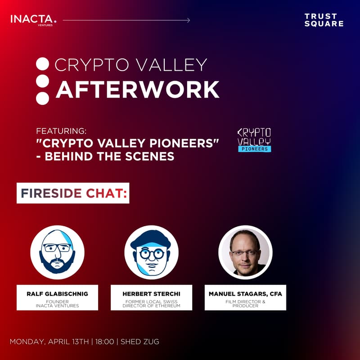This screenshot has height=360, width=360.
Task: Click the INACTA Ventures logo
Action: pyautogui.click(x=34, y=20)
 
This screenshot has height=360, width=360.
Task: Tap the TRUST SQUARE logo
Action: pyautogui.click(x=324, y=20)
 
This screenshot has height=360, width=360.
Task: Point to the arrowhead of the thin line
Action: pyautogui.click(x=188, y=20)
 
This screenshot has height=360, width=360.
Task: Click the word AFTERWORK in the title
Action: pyautogui.click(x=137, y=90)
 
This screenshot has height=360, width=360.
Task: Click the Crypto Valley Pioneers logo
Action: pyautogui.click(x=254, y=139)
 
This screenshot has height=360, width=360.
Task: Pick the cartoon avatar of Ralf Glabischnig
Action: pyautogui.click(x=57, y=252)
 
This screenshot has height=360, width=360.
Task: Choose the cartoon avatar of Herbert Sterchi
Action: pyautogui.click(x=151, y=252)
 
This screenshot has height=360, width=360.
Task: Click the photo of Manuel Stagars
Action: pyautogui.click(x=245, y=252)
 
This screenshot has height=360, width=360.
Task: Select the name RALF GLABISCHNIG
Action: pyautogui.click(x=57, y=294)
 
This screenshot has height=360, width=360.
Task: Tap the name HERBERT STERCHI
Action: pyautogui.click(x=151, y=294)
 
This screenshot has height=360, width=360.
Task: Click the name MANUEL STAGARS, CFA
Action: pyautogui.click(x=245, y=294)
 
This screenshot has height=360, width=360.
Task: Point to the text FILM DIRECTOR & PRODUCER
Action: pyautogui.click(x=245, y=304)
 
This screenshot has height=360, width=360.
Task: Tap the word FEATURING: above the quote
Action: pyautogui.click(x=61, y=131)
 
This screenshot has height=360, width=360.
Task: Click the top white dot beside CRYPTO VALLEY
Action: pyautogui.click(x=42, y=64)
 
